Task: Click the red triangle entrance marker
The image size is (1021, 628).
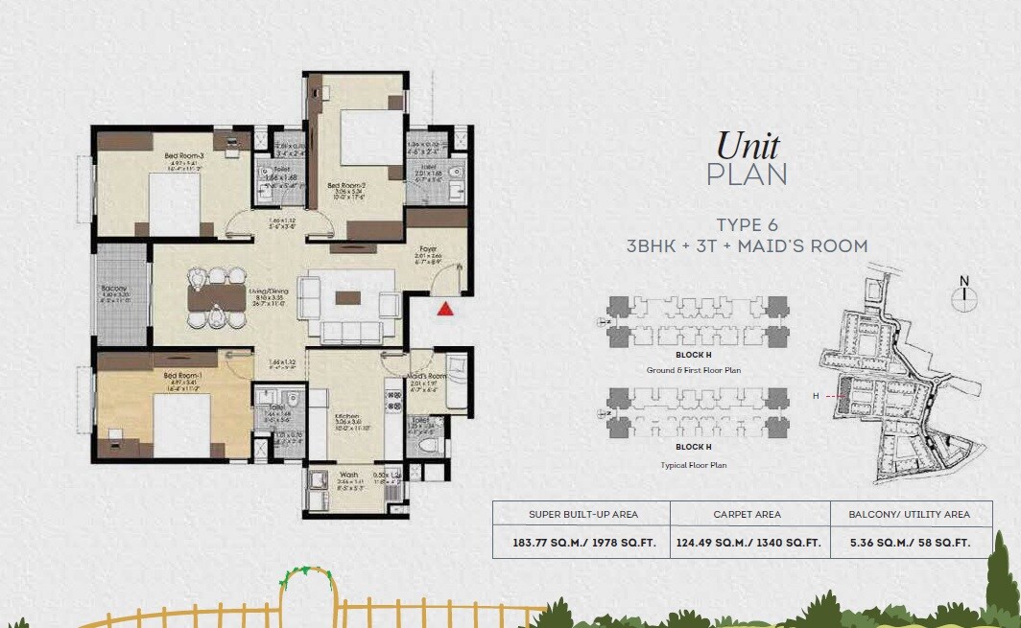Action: [444, 309]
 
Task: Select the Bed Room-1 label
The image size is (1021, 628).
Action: [180, 375]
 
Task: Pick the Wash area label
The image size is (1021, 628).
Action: [348, 474]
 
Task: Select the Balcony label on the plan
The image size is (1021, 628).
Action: [114, 289]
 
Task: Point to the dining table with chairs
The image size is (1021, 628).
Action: [214, 294]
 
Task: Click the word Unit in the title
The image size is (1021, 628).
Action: [748, 145]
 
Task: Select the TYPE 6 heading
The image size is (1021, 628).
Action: [747, 225]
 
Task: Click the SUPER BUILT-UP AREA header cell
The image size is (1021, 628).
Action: [582, 514]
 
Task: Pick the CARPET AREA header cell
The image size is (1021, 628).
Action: [747, 514]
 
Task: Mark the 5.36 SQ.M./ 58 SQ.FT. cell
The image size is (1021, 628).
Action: [909, 542]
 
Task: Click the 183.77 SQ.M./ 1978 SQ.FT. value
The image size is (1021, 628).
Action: [582, 542]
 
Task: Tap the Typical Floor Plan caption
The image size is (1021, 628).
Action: [693, 465]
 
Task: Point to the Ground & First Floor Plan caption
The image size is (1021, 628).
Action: [693, 369]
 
